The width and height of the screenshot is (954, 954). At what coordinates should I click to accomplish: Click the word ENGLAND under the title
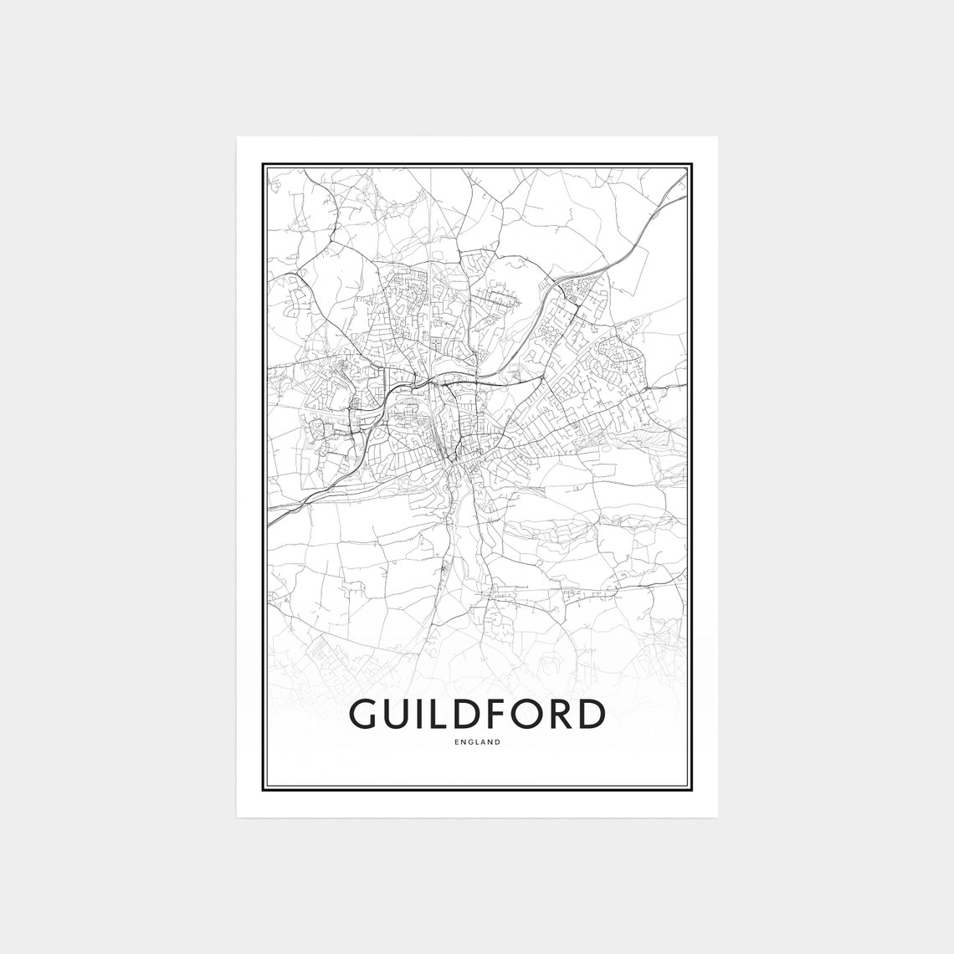click(477, 741)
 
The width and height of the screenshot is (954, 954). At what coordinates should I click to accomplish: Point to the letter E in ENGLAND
click(457, 741)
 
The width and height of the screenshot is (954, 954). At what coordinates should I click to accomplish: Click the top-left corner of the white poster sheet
click(237, 136)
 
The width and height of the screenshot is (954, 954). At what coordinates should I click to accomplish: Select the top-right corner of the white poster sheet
click(717, 136)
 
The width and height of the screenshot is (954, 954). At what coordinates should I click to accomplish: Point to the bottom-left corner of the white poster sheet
click(237, 818)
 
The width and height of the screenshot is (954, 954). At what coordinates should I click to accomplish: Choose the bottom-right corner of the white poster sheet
click(717, 818)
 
